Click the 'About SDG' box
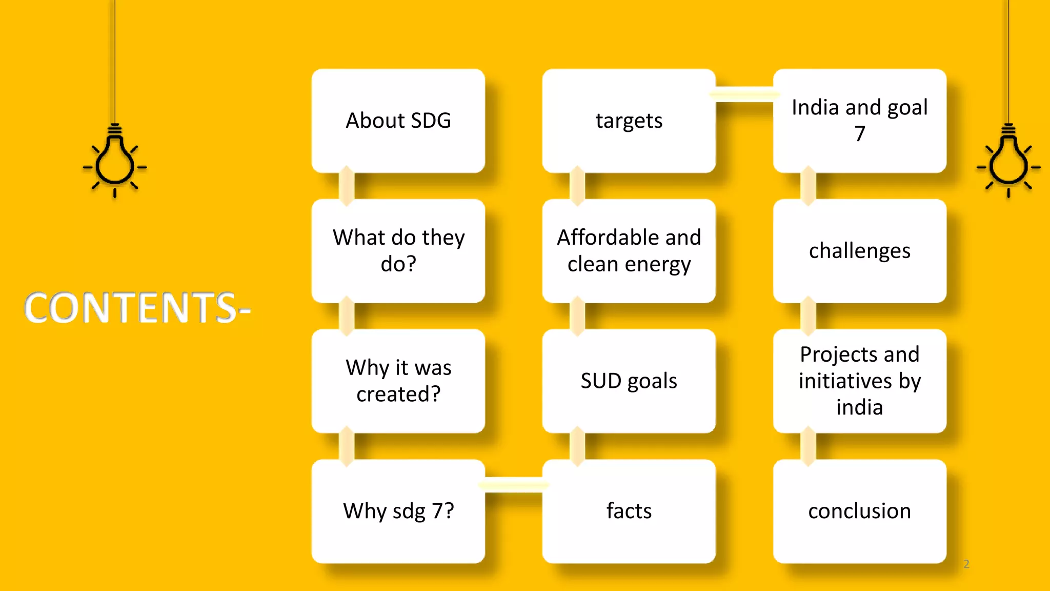pyautogui.click(x=398, y=121)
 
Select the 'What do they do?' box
pyautogui.click(x=398, y=251)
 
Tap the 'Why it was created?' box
pyautogui.click(x=398, y=381)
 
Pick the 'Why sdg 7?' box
pyautogui.click(x=398, y=511)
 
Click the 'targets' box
pyautogui.click(x=629, y=121)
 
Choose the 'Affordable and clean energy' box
pyautogui.click(x=629, y=251)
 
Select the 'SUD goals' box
pyautogui.click(x=629, y=381)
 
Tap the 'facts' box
pyautogui.click(x=629, y=511)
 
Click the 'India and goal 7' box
pyautogui.click(x=860, y=121)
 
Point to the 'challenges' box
pyautogui.click(x=860, y=251)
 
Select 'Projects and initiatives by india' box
pyautogui.click(x=860, y=381)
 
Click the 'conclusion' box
pyautogui.click(x=860, y=511)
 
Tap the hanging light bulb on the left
pyautogui.click(x=115, y=162)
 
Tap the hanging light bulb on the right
pyautogui.click(x=1008, y=162)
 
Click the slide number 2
pyautogui.click(x=966, y=564)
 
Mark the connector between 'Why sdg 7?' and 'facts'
pyautogui.click(x=514, y=484)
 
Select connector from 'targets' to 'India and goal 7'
pyautogui.click(x=744, y=94)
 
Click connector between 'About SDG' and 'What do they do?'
pyautogui.click(x=347, y=186)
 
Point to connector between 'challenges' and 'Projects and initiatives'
pyautogui.click(x=809, y=316)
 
